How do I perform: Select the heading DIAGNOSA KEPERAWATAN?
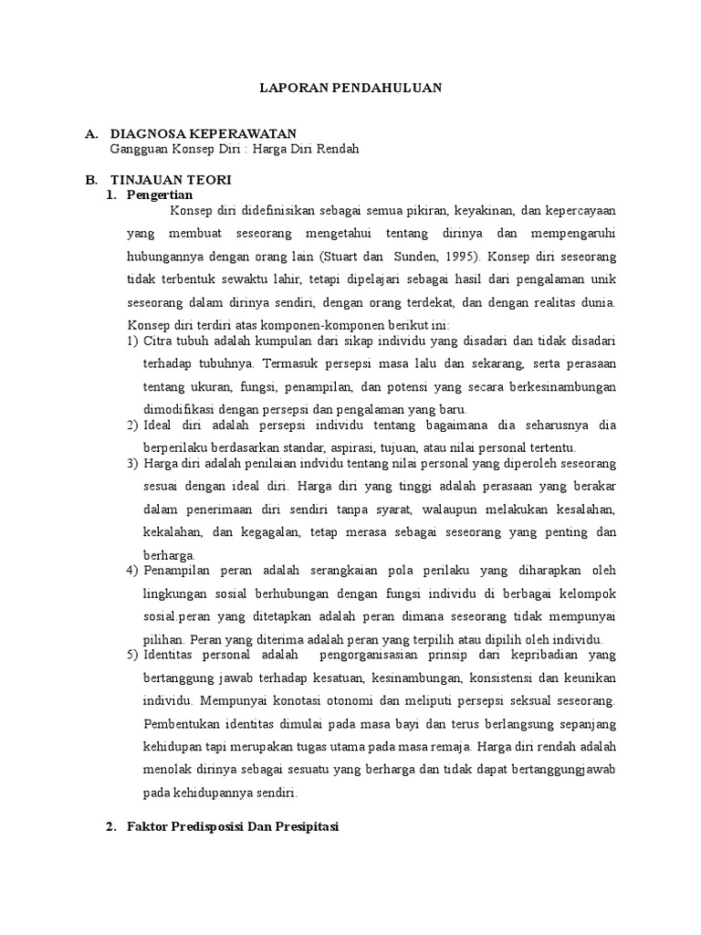click(203, 134)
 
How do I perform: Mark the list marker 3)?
click(132, 465)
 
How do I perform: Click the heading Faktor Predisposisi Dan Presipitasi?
click(233, 826)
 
